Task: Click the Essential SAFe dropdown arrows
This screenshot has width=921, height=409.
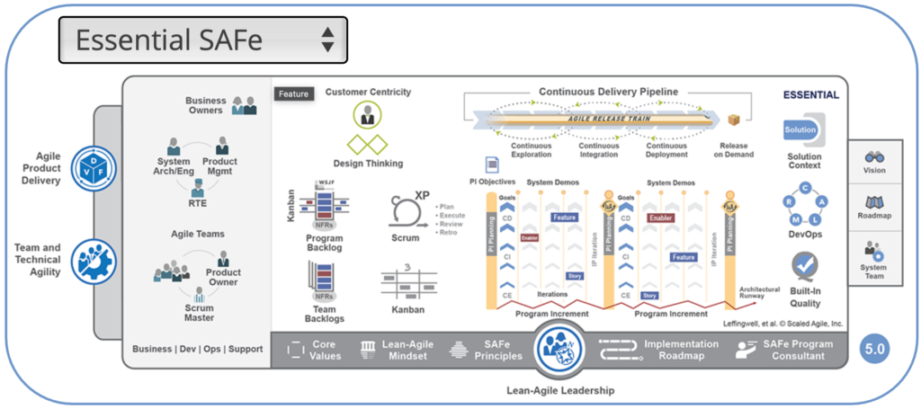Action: pos(328,40)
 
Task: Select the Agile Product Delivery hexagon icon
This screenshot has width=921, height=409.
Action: pos(94,168)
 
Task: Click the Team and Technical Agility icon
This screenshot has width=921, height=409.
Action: pos(94,260)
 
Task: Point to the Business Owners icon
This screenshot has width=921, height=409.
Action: pos(244,105)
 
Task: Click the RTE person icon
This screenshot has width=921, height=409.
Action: pos(198,187)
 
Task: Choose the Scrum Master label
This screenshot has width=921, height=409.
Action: pos(198,312)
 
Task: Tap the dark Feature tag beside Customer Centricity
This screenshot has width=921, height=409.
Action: pos(293,93)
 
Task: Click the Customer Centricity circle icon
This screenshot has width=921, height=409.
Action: pos(367,115)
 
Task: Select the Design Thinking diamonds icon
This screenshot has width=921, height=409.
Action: pos(367,145)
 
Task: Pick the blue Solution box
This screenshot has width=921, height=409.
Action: pos(800,130)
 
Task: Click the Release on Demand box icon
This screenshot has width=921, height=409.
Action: pos(734,120)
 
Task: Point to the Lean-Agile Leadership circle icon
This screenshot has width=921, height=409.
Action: pos(561,351)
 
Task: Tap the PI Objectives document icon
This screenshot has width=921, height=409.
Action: pos(492,164)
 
